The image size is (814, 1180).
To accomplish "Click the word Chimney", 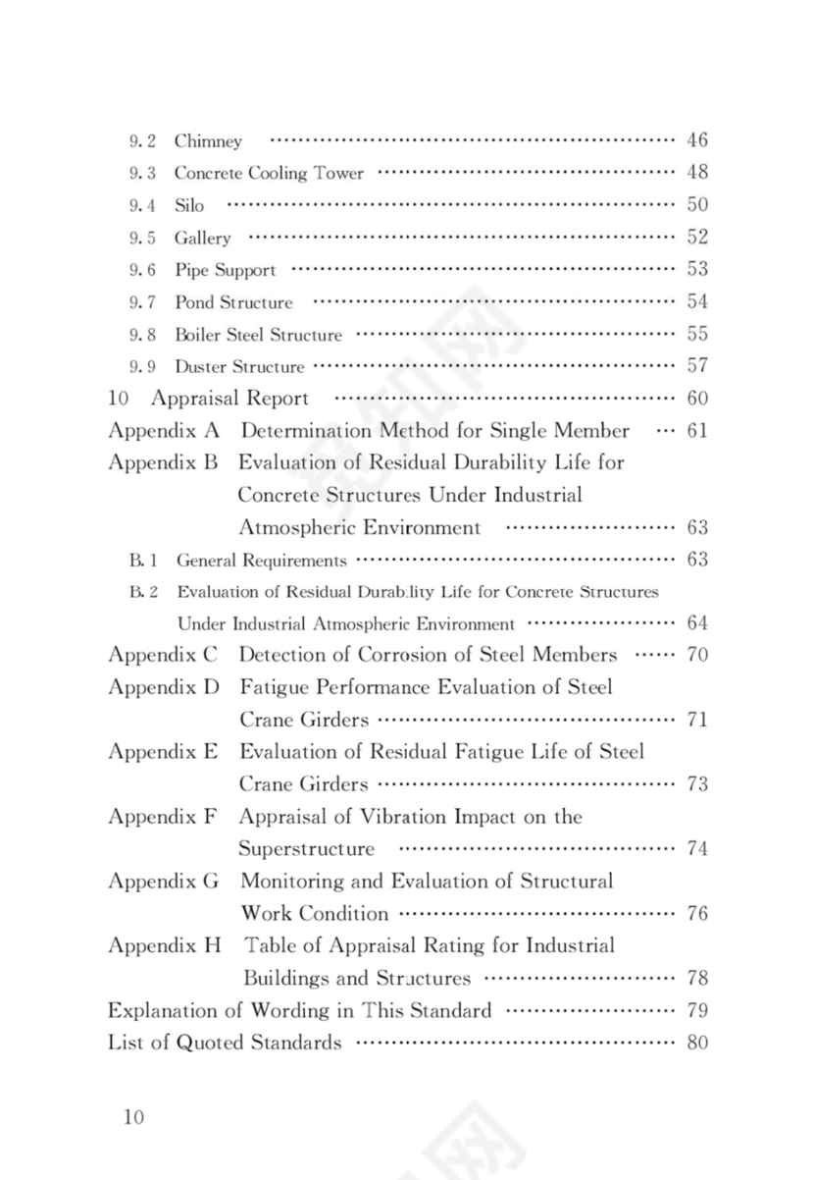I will pyautogui.click(x=208, y=141).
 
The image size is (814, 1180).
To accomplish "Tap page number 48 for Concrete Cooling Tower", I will pyautogui.click(x=696, y=172).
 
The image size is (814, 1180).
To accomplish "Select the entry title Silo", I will pyautogui.click(x=189, y=205).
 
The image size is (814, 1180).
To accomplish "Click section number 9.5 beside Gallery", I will pyautogui.click(x=142, y=238).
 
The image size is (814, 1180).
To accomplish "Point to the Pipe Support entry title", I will pyautogui.click(x=225, y=270).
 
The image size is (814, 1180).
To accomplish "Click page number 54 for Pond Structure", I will pyautogui.click(x=696, y=301).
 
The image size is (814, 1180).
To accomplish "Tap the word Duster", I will pyautogui.click(x=201, y=367).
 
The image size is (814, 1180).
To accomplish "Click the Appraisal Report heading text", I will pyautogui.click(x=229, y=399).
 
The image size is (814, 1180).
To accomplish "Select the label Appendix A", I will pyautogui.click(x=163, y=431).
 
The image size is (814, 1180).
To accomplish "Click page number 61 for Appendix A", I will pyautogui.click(x=696, y=431).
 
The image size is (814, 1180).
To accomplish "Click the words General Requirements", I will pyautogui.click(x=261, y=561).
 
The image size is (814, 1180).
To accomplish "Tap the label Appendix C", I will pyautogui.click(x=163, y=655).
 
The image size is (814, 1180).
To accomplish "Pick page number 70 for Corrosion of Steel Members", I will pyautogui.click(x=696, y=655).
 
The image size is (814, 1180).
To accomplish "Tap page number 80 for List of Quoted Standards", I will pyautogui.click(x=696, y=1043).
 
